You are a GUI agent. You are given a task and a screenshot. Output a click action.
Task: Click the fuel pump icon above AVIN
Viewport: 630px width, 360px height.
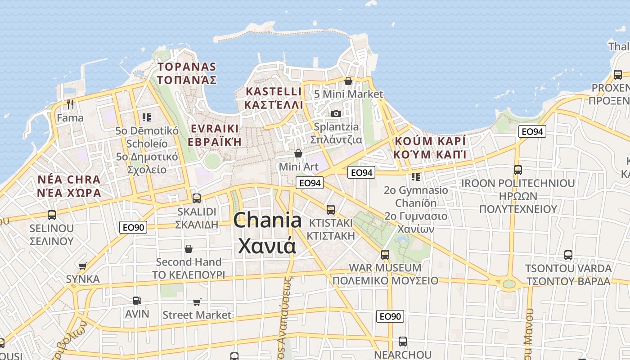[137, 300]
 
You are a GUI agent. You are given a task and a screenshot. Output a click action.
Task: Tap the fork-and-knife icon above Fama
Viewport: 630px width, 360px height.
[70, 104]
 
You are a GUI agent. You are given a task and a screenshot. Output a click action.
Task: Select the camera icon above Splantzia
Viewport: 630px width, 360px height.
[336, 113]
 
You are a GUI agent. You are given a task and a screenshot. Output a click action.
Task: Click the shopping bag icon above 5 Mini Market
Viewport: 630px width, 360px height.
[348, 81]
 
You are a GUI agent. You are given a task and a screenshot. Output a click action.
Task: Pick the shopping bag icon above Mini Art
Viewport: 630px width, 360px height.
[298, 153]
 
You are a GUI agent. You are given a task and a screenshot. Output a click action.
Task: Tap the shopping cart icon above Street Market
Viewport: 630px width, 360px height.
[197, 302]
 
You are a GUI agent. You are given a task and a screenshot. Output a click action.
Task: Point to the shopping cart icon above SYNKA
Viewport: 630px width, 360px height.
[82, 266]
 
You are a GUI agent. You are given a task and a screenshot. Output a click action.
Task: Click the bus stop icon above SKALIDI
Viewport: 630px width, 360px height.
[196, 198]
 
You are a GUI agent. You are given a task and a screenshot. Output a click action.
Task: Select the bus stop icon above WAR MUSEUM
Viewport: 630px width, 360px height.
[385, 254]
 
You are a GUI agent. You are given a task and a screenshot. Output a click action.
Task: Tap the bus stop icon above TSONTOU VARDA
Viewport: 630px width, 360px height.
[568, 255]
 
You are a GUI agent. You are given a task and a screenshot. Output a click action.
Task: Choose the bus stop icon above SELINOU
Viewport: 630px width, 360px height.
[52, 215]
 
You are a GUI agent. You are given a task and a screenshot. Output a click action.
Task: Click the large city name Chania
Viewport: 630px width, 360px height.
[267, 220]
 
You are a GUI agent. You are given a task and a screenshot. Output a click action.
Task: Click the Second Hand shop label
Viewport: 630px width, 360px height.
[189, 262]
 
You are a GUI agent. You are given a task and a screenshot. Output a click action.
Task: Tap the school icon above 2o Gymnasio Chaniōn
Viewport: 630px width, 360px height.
[415, 176]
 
